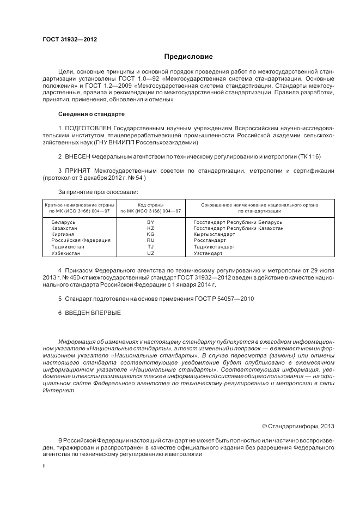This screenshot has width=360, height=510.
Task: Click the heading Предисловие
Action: tap(188, 57)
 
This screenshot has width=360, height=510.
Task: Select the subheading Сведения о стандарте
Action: tap(91, 114)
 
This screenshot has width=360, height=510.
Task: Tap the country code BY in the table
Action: tap(151, 222)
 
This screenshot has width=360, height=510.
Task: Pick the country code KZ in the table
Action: tap(151, 228)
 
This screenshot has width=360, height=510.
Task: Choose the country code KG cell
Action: tap(151, 234)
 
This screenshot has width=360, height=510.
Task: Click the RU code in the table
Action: tap(151, 240)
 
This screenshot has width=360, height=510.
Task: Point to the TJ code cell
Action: tap(151, 247)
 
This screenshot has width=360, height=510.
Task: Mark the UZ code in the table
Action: tap(151, 253)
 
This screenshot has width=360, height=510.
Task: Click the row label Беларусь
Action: tap(63, 222)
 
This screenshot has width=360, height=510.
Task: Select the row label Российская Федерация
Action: tap(81, 240)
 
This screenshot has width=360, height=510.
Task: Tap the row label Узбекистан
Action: tap(66, 253)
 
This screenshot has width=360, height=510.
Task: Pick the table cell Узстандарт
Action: tap(208, 253)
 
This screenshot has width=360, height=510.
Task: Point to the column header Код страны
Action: tap(151, 205)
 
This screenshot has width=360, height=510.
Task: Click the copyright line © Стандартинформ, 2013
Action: tap(298, 426)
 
